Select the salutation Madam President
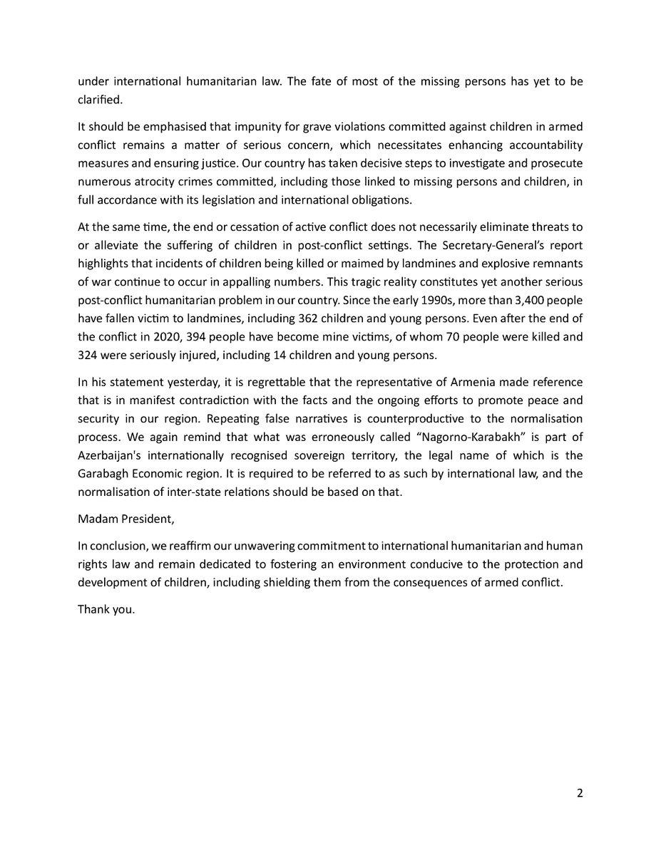125,519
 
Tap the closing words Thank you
106,611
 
